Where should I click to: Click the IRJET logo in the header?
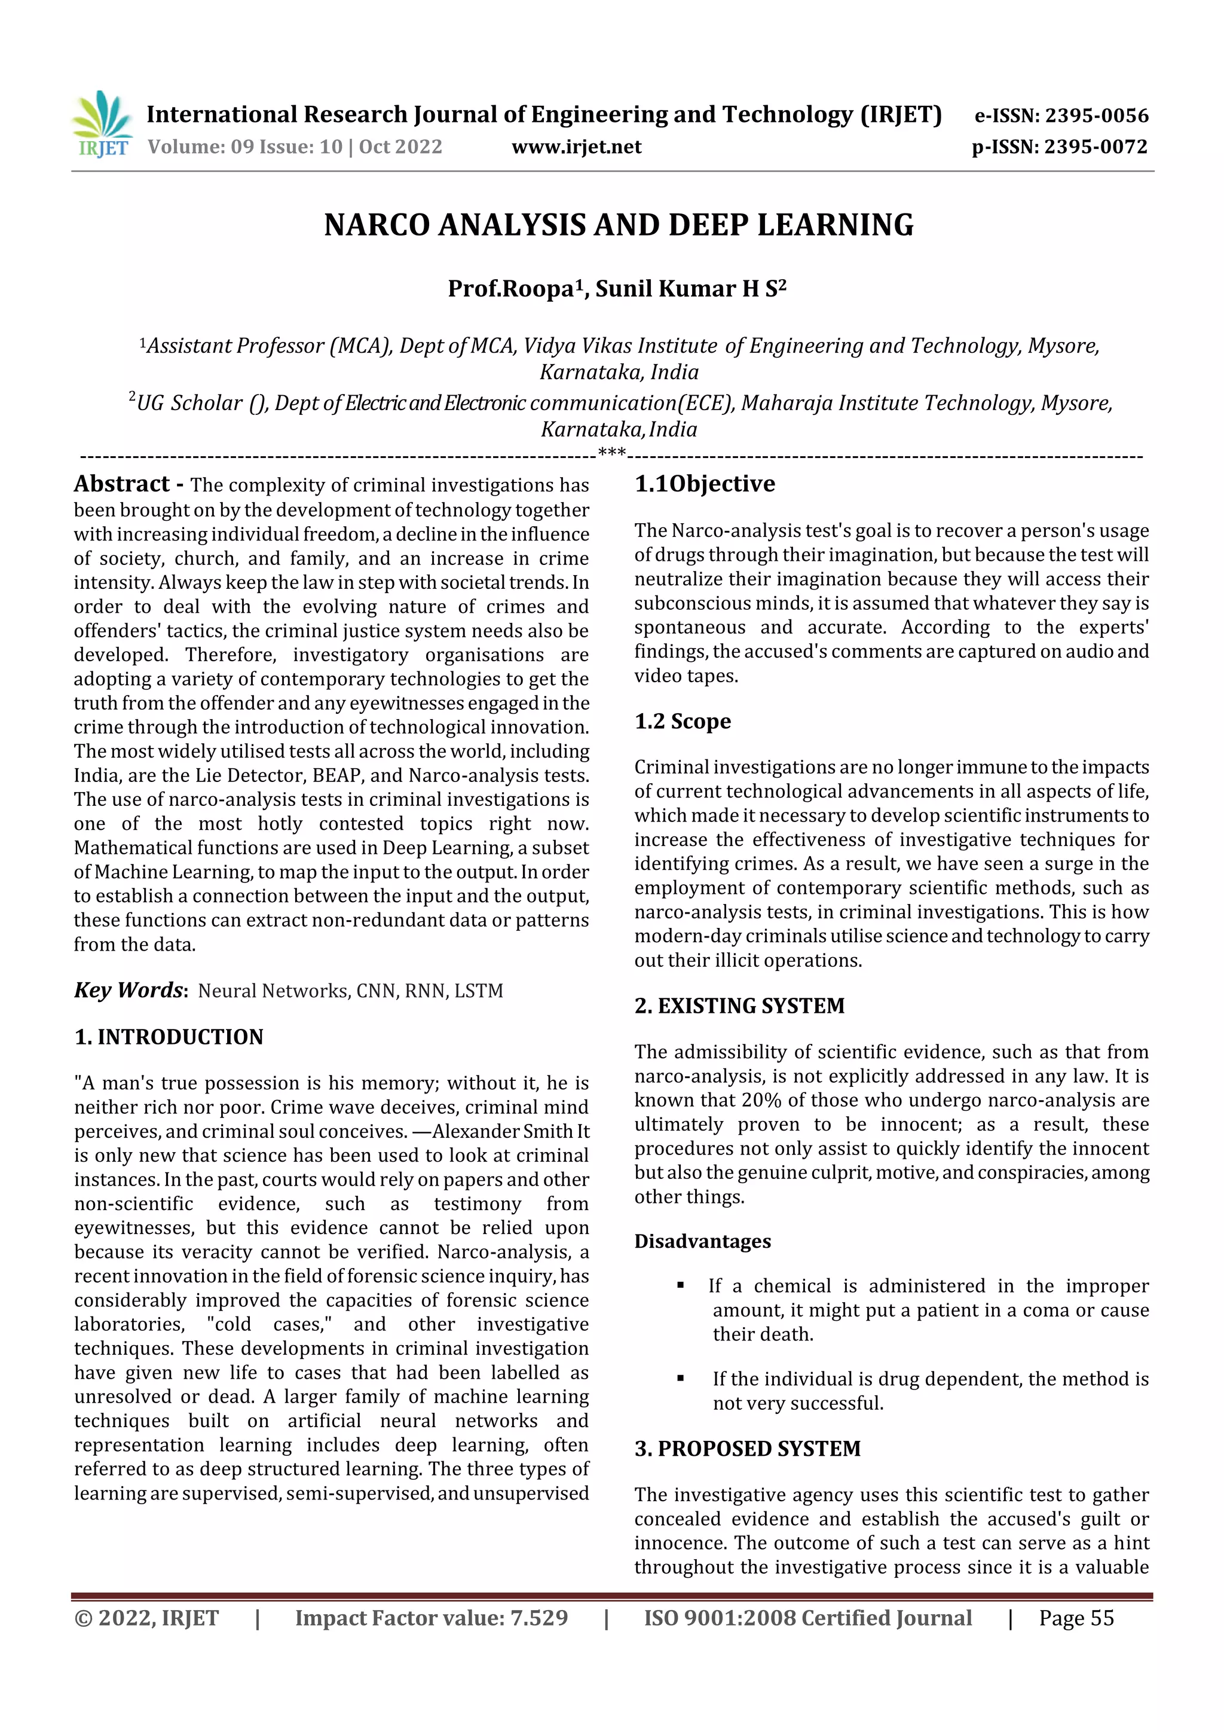[103, 124]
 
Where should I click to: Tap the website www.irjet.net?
[576, 147]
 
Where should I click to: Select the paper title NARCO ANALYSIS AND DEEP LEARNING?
[619, 225]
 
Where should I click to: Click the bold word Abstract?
[121, 484]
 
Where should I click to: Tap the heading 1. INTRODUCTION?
[169, 1037]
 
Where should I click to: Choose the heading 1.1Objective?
[705, 484]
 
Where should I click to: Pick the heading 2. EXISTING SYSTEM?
[739, 1006]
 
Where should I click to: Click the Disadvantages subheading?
[702, 1241]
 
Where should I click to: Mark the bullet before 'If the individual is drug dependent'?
[681, 1378]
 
